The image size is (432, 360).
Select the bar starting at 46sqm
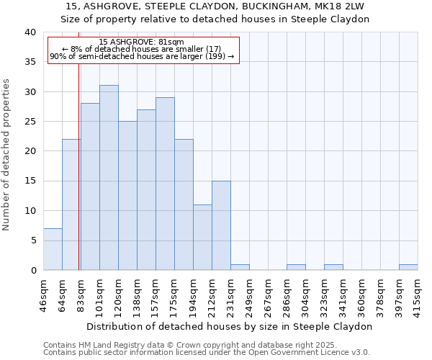coord(53,249)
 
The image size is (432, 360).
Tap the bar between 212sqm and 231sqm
coord(221,225)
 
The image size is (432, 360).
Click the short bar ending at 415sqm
coord(408,267)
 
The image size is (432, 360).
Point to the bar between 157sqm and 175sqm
coord(165,184)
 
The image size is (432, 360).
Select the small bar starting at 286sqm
coord(296,267)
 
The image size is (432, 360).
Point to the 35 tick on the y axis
coord(30,62)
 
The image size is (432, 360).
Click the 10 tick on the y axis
coord(30,211)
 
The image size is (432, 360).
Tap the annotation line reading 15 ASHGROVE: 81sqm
coord(141,42)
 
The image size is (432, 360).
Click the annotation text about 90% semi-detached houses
coord(142,56)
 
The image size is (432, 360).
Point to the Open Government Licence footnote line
coord(207,353)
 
